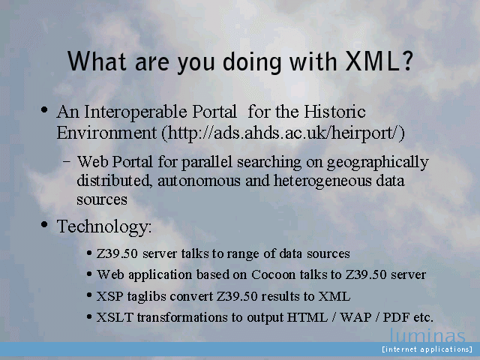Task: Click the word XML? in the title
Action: point(379,61)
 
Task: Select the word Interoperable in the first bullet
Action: point(136,112)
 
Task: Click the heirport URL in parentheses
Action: point(283,133)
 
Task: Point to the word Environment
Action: point(106,133)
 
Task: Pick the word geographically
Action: point(378,163)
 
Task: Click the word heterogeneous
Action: point(322,181)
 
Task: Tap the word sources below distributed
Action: point(102,200)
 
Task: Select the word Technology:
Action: point(104,227)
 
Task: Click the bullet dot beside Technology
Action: point(44,224)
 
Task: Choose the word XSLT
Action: point(115,317)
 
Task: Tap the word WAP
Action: point(355,317)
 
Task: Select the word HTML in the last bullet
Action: point(307,317)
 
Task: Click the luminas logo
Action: point(427,335)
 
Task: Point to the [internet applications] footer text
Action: point(427,349)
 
